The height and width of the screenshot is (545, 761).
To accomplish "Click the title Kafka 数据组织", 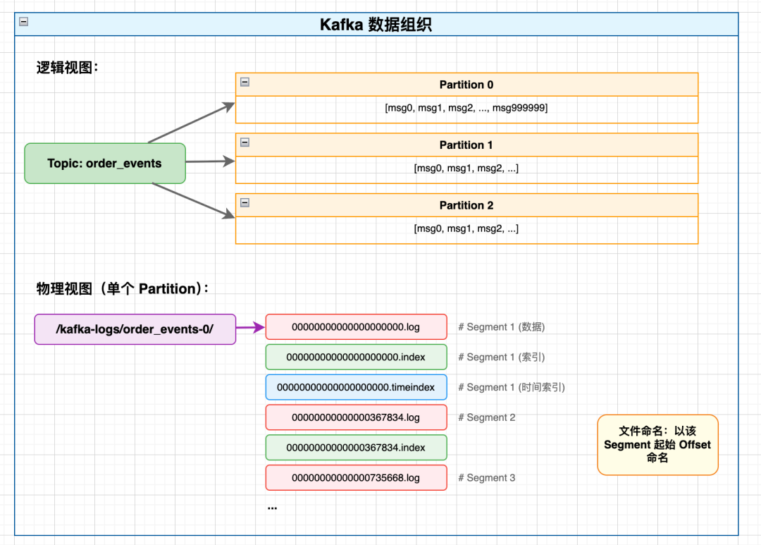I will [x=376, y=25].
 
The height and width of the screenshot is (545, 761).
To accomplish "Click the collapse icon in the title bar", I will [x=24, y=22].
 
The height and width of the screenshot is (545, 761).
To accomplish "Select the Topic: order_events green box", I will [x=105, y=164].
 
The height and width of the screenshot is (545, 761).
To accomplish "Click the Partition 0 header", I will [x=466, y=85].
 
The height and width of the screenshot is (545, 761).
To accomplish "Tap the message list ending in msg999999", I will [x=466, y=108].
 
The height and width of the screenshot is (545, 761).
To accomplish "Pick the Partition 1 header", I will [x=466, y=145].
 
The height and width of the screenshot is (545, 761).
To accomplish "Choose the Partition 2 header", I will [x=466, y=205].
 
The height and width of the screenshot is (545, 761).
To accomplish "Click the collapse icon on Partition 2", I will [x=245, y=202].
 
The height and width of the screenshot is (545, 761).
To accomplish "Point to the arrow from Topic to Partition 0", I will [x=191, y=123].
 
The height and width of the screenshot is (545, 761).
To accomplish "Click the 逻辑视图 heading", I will [x=68, y=68].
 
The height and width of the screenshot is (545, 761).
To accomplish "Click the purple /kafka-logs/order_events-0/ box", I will [x=135, y=329].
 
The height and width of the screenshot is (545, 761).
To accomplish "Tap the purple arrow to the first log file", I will [x=250, y=327].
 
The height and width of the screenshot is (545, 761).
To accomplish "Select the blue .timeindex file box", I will [x=356, y=387].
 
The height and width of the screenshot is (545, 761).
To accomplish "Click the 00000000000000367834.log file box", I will [x=356, y=417].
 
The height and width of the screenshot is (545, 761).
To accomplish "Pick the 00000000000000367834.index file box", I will [x=356, y=448].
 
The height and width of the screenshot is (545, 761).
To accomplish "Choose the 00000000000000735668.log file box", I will [x=356, y=478].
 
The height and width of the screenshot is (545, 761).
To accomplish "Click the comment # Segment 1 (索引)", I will [x=501, y=357].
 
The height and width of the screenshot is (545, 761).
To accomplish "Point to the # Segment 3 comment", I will [x=487, y=478].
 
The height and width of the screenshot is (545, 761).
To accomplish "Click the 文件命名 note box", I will [x=657, y=444].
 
